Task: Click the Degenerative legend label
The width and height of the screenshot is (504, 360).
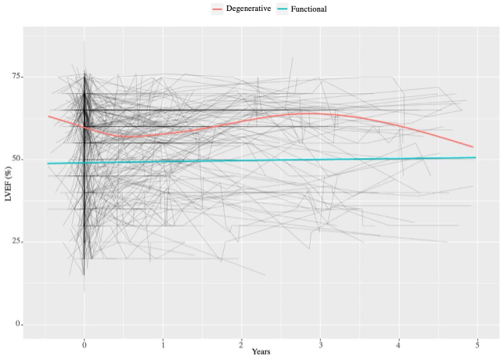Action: click(248, 9)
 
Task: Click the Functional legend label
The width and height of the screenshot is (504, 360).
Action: click(308, 9)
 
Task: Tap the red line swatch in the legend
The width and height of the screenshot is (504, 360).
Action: click(218, 9)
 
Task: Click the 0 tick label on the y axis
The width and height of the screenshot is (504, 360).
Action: click(17, 324)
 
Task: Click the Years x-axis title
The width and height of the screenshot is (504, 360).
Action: click(261, 353)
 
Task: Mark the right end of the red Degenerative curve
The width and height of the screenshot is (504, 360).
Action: click(473, 146)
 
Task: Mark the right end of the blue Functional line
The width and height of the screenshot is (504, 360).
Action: click(475, 157)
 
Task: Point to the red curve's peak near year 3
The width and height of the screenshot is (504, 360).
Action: click(313, 113)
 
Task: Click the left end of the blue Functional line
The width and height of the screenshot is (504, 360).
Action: click(48, 164)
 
